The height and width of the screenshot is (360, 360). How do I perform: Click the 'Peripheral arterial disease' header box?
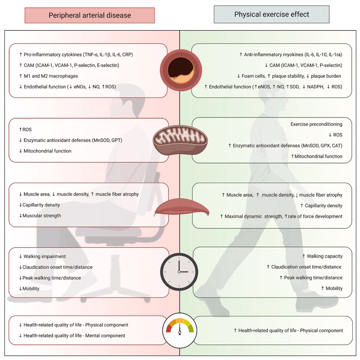coord(89,15)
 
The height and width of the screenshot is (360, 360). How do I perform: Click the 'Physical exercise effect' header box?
coord(271,14)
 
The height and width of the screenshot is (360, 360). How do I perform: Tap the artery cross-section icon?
coord(181,71)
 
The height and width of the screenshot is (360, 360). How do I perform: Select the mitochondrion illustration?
coord(180,140)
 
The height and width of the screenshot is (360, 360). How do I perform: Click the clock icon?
coord(179,271)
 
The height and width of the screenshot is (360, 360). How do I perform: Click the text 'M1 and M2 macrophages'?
coord(51,76)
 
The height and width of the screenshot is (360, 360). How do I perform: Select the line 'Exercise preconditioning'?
coord(316,124)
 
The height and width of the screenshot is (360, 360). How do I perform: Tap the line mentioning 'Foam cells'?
coord(289,76)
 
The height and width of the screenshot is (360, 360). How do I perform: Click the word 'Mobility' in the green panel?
coord(334,288)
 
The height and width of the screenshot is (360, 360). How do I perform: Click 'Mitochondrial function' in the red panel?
coord(47,151)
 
